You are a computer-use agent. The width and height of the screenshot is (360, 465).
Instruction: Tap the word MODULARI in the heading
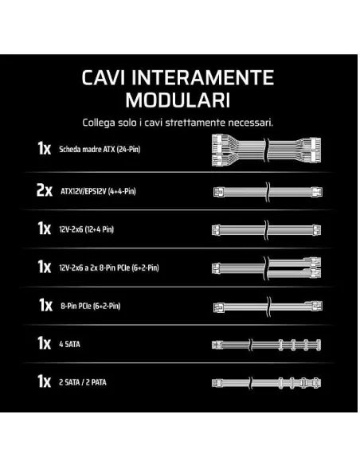pyautogui.click(x=178, y=100)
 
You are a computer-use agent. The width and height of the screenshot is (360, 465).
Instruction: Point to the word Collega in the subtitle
pyautogui.click(x=99, y=123)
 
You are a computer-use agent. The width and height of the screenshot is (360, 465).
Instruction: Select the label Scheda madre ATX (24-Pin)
pyautogui.click(x=100, y=149)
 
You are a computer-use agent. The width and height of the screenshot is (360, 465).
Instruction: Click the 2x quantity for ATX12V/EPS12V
pyautogui.click(x=44, y=190)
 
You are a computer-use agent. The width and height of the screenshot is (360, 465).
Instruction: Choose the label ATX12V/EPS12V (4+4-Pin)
pyautogui.click(x=98, y=191)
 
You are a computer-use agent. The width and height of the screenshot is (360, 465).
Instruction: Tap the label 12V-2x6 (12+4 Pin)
pyautogui.click(x=86, y=229)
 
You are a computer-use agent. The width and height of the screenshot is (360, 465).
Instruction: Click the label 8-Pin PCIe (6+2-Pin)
pyautogui.click(x=91, y=306)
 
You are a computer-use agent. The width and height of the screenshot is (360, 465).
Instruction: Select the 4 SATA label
pyautogui.click(x=69, y=344)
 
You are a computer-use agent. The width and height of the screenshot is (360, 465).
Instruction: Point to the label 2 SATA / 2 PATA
pyautogui.click(x=83, y=382)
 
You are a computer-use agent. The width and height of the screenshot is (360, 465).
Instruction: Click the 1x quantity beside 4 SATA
pyautogui.click(x=44, y=343)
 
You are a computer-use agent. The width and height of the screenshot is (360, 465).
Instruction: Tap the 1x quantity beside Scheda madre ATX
pyautogui.click(x=44, y=148)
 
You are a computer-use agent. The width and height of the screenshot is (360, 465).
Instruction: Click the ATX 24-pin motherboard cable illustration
pyautogui.click(x=267, y=150)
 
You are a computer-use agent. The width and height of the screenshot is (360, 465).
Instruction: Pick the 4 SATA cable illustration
pyautogui.click(x=267, y=345)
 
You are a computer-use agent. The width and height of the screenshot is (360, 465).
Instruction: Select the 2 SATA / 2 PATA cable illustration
pyautogui.click(x=267, y=383)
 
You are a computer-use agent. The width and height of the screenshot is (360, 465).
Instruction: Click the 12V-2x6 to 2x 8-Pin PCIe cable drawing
pyautogui.click(x=267, y=268)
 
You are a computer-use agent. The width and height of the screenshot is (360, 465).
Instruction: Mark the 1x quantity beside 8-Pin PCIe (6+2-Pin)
pyautogui.click(x=45, y=305)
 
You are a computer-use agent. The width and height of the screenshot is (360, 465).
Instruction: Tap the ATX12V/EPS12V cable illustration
pyautogui.click(x=268, y=192)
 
